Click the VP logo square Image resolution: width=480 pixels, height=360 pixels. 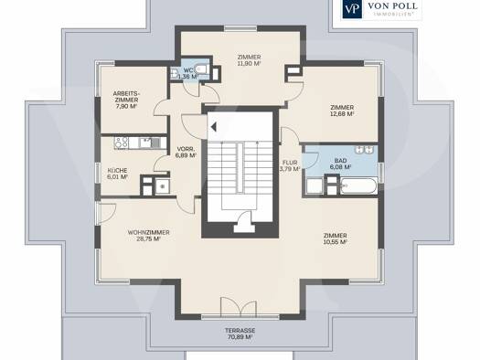pyautogui.click(x=352, y=8)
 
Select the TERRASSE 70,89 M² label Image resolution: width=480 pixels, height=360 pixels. pyautogui.click(x=240, y=334)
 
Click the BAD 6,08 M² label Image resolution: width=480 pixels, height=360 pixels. pyautogui.click(x=340, y=164)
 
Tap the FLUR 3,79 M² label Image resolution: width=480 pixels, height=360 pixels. pyautogui.click(x=290, y=165)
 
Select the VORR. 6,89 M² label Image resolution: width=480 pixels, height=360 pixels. pyautogui.click(x=186, y=152)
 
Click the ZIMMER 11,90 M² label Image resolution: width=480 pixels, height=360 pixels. pyautogui.click(x=250, y=60)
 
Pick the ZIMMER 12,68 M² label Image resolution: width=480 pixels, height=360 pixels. pyautogui.click(x=342, y=111)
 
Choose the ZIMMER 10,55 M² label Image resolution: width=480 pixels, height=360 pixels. pyautogui.click(x=336, y=238)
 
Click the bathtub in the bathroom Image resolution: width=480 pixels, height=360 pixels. pyautogui.click(x=358, y=186)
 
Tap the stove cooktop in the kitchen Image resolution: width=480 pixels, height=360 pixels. pyautogui.click(x=122, y=143)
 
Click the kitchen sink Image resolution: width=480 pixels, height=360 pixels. pyautogui.click(x=149, y=143)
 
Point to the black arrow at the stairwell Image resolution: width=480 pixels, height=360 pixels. pyautogui.click(x=214, y=126)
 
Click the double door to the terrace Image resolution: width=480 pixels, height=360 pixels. pyautogui.click(x=239, y=307)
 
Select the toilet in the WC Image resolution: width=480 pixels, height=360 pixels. pyautogui.click(x=202, y=69)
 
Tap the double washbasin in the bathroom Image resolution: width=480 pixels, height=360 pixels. pyautogui.click(x=364, y=150)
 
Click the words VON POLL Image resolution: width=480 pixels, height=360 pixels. pyautogui.click(x=392, y=5)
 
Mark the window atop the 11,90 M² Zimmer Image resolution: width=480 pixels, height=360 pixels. pyautogui.click(x=240, y=28)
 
